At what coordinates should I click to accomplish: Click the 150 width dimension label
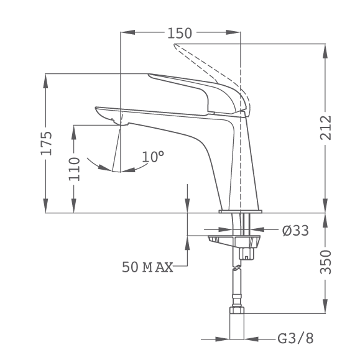(180, 34)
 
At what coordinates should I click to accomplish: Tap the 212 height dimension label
(326, 127)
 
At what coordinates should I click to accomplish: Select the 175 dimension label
(46, 143)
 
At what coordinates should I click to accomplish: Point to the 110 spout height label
(74, 169)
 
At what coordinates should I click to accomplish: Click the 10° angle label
(153, 157)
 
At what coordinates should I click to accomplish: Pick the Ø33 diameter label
(295, 231)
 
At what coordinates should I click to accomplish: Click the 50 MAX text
(147, 267)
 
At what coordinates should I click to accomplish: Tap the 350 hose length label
(326, 262)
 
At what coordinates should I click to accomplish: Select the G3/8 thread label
(295, 338)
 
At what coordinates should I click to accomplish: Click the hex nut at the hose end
(237, 310)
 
